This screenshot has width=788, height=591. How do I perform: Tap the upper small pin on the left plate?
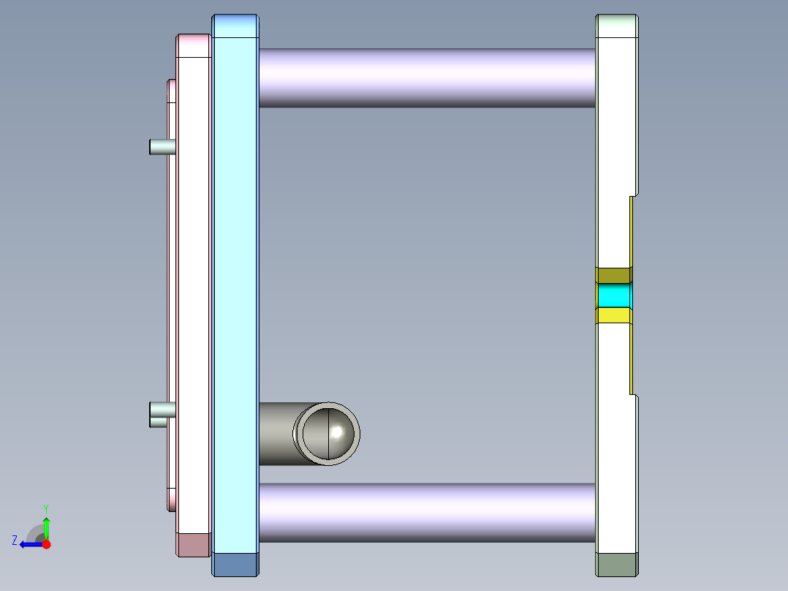click(161, 147)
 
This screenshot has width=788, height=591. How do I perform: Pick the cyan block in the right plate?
click(614, 296)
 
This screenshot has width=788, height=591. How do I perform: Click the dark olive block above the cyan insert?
click(613, 276)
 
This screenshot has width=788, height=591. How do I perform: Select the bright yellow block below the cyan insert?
click(614, 316)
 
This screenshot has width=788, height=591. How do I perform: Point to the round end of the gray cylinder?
click(327, 434)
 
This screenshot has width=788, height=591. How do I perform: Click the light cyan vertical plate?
click(235, 293)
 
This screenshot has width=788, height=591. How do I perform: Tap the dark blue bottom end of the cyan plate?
click(235, 564)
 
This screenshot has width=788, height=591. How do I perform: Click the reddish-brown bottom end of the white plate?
click(194, 545)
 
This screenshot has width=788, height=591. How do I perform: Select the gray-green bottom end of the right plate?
click(618, 564)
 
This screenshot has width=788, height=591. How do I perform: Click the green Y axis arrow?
click(46, 527)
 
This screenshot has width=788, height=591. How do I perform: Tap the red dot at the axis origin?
click(46, 544)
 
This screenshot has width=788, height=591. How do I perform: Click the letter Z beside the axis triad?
click(15, 541)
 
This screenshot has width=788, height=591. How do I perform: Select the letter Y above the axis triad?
click(46, 508)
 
